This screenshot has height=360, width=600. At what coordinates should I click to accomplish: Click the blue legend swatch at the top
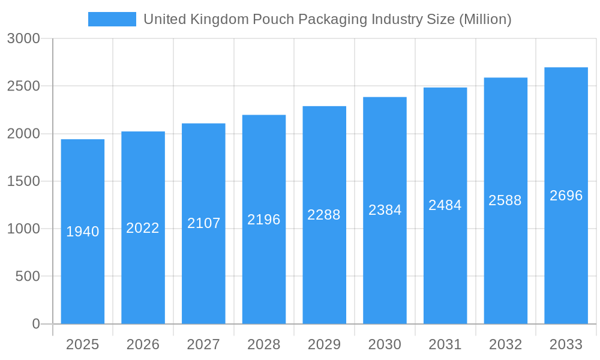coord(112,19)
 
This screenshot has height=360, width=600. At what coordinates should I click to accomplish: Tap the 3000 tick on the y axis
coord(23,38)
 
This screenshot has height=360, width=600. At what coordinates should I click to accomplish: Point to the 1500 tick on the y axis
coord(23,181)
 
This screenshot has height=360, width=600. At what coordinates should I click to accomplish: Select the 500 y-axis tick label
coord(28,276)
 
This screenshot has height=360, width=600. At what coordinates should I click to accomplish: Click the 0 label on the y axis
coord(35,324)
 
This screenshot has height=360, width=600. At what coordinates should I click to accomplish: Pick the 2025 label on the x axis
coord(82,344)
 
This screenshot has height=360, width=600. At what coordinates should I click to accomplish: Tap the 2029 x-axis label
coord(324,344)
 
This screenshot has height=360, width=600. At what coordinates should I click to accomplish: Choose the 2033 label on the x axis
coord(566,344)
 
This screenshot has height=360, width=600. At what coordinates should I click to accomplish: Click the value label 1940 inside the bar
coord(82,232)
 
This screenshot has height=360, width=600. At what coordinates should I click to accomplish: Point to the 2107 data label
coord(203,223)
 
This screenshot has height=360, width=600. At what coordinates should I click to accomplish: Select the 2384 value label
coord(385,210)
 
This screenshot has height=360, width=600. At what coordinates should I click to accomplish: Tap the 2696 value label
coord(566,196)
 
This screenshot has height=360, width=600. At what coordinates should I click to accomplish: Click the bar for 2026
coord(143,270)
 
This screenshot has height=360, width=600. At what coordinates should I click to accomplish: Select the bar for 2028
coord(264,270)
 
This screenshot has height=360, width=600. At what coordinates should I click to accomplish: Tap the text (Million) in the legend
coord(485,19)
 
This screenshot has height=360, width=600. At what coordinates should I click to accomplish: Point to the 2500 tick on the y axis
coord(23,86)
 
